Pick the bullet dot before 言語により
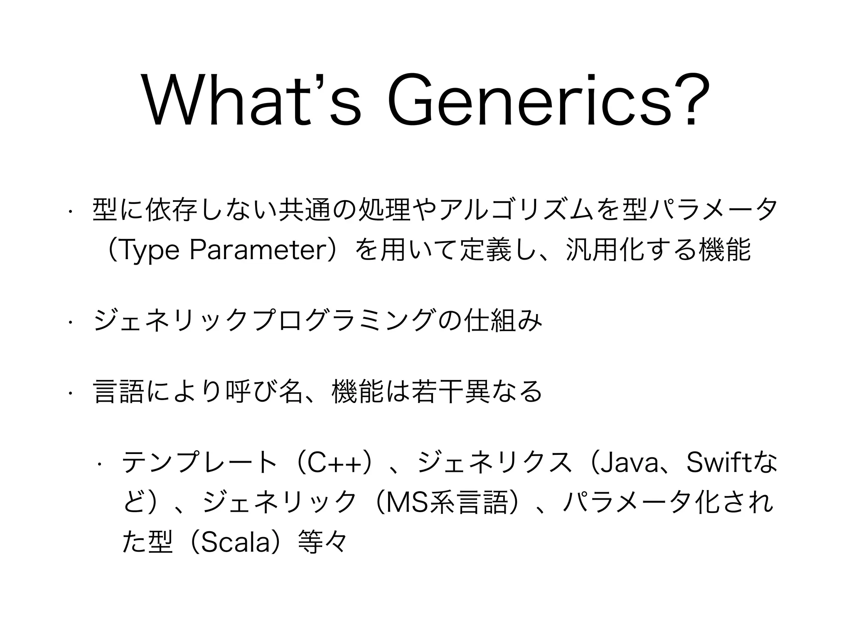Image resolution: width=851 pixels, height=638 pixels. tap(71, 392)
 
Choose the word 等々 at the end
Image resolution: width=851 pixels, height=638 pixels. tap(322, 542)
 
